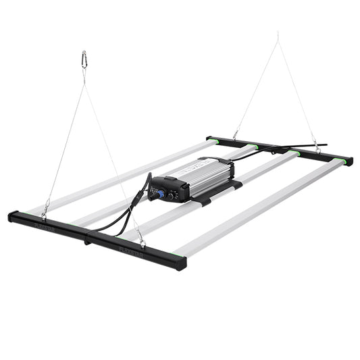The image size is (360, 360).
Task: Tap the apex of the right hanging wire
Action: pos(277,34)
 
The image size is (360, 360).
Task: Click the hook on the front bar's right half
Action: pos(140,238)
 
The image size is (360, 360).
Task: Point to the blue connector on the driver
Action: pos(161,193)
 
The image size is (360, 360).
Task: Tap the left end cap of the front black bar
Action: pos(12,216)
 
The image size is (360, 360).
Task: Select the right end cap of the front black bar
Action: pos(181,263)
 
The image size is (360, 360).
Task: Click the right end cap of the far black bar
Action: pos(349,161)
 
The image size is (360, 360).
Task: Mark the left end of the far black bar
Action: pos(210,138)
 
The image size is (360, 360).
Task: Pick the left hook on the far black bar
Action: pos(236,134)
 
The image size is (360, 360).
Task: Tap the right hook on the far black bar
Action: pos(317,147)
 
